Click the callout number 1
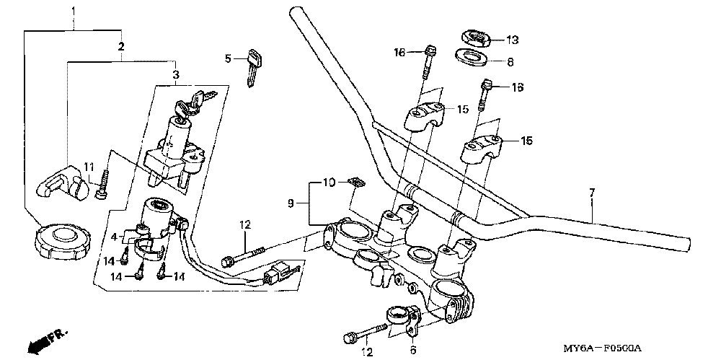[73, 10]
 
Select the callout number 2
[121, 46]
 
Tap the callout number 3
[175, 75]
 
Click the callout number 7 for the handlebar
[591, 193]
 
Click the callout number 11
[88, 167]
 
